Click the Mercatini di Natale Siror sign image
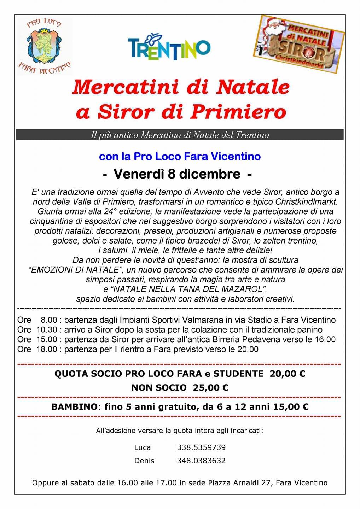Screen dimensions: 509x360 [x=299, y=43]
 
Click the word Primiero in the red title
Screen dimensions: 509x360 [x=237, y=112]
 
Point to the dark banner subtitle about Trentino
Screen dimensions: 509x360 [x=180, y=135]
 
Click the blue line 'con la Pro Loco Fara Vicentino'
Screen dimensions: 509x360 [x=180, y=156]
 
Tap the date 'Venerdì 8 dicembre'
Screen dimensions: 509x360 [x=177, y=174]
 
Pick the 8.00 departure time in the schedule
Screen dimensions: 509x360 [x=49, y=320]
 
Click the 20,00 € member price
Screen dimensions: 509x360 [x=287, y=374]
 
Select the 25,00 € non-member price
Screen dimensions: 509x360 [x=210, y=388]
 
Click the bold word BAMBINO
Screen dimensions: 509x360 [x=74, y=407]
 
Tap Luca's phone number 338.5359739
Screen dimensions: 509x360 [x=201, y=447]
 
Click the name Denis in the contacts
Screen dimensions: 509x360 [x=144, y=461]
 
